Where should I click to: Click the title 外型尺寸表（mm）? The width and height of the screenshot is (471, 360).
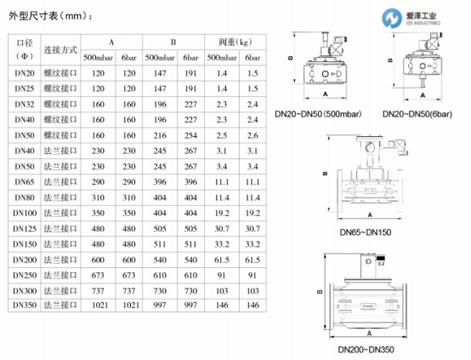(50, 15)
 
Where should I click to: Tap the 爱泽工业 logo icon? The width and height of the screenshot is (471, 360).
(392, 18)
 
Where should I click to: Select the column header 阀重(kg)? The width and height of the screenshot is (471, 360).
(235, 42)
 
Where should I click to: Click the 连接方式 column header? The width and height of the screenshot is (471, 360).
(60, 50)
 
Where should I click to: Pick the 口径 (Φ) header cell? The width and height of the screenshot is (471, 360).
(25, 49)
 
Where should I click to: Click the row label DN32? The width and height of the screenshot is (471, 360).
(25, 105)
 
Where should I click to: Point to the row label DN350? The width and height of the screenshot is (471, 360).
(25, 306)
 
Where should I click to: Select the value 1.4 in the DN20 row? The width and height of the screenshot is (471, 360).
(222, 73)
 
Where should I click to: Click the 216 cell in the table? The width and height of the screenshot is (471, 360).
(160, 135)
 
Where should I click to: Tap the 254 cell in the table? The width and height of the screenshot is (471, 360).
(190, 135)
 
